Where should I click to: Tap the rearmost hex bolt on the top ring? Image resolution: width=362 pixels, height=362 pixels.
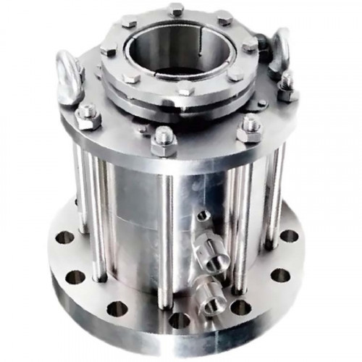175,9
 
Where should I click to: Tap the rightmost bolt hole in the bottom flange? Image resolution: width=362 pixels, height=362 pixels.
289,236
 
